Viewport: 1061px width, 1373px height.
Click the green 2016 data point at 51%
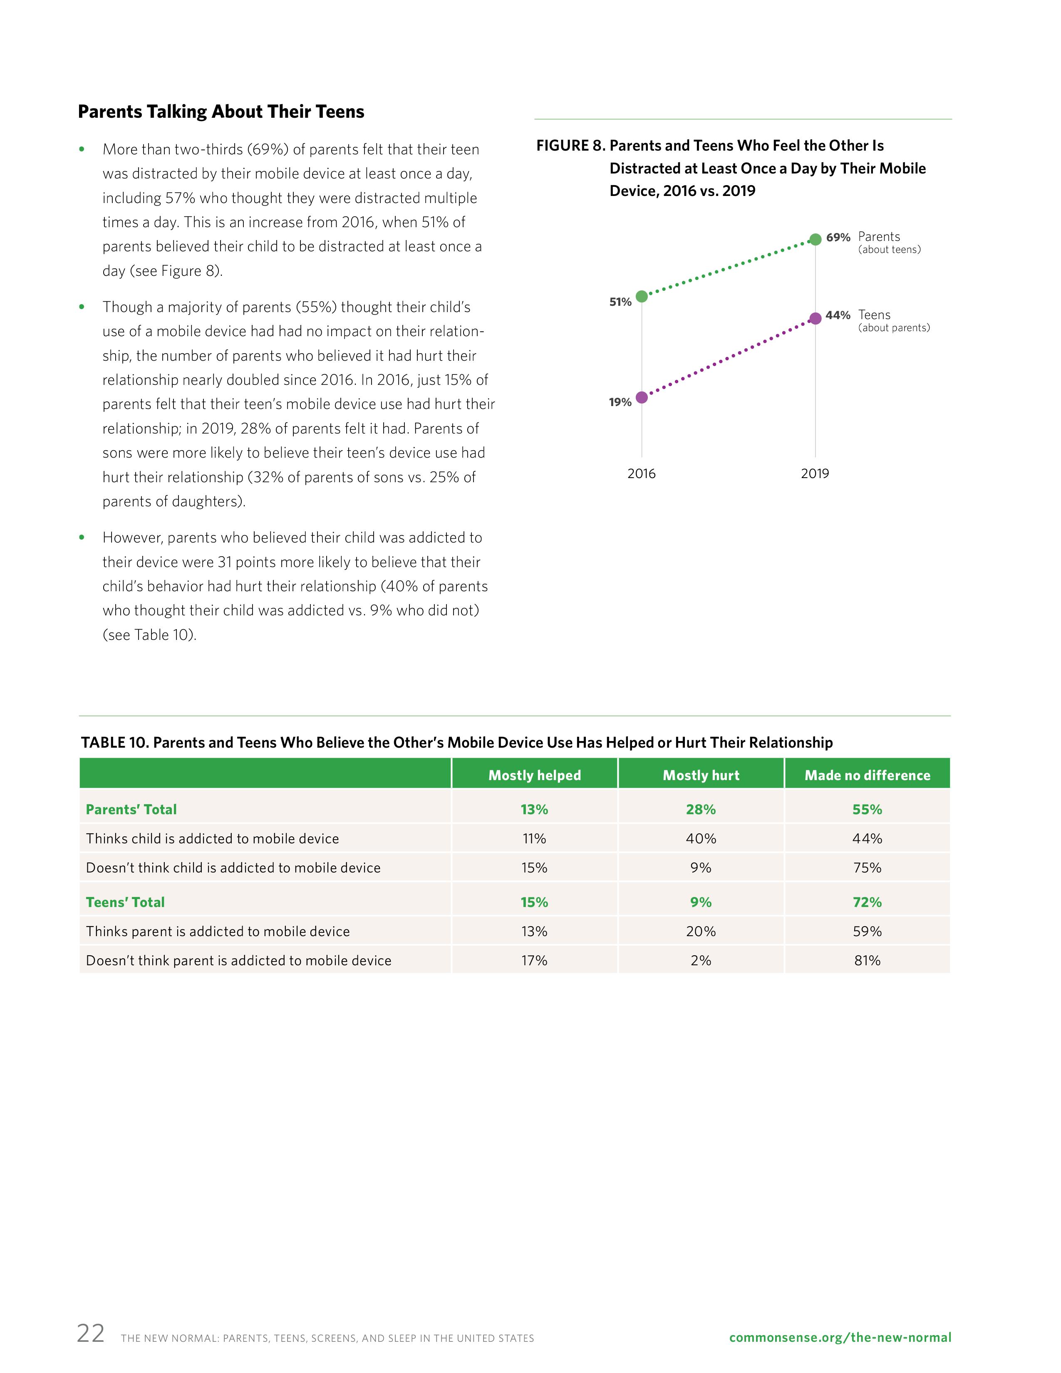(641, 296)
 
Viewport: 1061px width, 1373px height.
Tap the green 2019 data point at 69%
(815, 239)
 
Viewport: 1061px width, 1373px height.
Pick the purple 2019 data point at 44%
(815, 318)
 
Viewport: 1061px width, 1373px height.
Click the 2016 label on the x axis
(641, 473)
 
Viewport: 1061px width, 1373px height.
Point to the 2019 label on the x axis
(815, 473)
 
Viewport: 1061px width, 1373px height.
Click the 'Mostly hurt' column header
(701, 775)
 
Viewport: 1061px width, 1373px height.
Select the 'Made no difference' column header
(867, 775)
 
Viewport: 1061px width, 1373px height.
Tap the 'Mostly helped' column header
(534, 775)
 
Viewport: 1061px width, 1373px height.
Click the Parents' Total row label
(131, 809)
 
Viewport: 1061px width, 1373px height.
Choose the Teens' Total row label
(125, 902)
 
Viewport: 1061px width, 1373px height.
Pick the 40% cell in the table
(701, 839)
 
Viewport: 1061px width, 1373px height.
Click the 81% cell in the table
(867, 961)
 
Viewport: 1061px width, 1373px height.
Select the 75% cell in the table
(867, 867)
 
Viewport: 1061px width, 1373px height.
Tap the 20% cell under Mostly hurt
(701, 931)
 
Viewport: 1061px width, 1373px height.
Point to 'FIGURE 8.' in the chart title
(570, 146)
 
